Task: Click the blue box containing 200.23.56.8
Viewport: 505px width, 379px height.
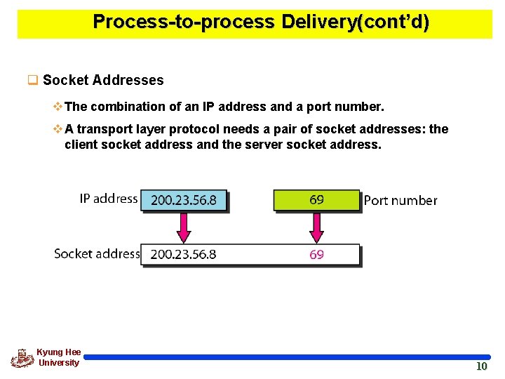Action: [x=184, y=200]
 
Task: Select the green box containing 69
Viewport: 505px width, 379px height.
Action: [x=316, y=200]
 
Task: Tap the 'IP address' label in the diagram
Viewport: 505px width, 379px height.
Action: [x=108, y=199]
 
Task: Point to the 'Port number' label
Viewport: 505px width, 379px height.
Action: [x=400, y=201]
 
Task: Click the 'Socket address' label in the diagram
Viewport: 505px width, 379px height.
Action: [x=97, y=253]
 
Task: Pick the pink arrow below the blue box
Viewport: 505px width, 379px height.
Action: [x=184, y=227]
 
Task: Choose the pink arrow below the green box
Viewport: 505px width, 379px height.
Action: [x=316, y=227]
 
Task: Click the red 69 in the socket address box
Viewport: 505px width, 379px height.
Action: [x=316, y=254]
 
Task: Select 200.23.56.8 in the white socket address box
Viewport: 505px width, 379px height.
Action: [x=184, y=254]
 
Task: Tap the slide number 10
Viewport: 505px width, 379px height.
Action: [x=481, y=366]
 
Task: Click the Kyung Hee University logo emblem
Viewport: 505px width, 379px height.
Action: [x=22, y=358]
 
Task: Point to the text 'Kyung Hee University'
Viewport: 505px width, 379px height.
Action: [x=59, y=357]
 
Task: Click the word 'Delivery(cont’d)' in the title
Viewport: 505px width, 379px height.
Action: [x=355, y=22]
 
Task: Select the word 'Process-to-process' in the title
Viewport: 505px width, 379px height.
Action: [x=184, y=22]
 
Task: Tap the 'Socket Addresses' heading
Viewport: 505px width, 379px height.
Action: [x=103, y=80]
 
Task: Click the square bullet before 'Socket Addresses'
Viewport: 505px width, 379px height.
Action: [x=32, y=80]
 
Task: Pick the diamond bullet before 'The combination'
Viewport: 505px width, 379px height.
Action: [x=58, y=107]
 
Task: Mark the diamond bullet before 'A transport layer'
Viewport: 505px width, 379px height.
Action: [x=58, y=129]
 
